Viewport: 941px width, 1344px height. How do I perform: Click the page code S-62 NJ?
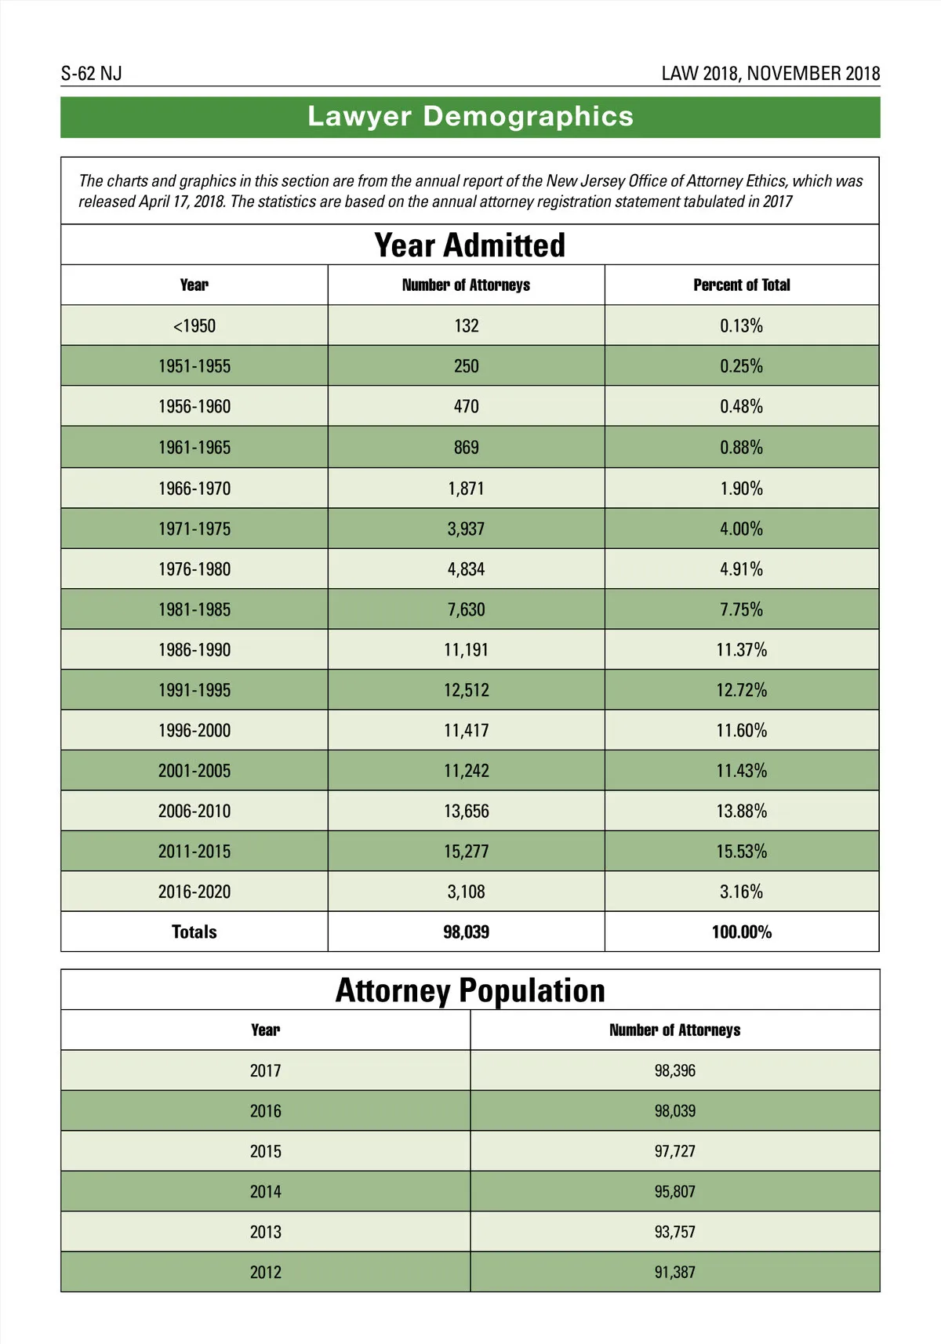coord(92,74)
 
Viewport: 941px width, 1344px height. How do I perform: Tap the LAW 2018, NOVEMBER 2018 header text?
coord(770,74)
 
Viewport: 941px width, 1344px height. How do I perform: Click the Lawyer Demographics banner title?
coord(470,117)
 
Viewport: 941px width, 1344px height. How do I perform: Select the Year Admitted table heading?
coord(470,245)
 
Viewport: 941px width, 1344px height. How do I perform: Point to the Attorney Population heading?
coord(470,990)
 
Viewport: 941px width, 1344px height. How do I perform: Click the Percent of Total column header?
coord(741,285)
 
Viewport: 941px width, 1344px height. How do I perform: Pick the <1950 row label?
coord(194,326)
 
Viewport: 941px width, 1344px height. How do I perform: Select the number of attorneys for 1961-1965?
coord(466,448)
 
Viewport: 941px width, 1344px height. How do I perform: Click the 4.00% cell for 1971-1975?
coord(741,529)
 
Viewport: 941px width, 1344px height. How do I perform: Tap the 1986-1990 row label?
coord(194,650)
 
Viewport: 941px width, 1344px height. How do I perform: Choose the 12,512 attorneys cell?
coord(466,691)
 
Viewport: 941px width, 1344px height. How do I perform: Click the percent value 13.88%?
coord(741,812)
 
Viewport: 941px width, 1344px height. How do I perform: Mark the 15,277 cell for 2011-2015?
coord(466,852)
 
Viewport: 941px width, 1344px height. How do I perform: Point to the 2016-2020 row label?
coord(194,892)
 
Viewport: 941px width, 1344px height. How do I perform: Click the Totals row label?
coord(194,932)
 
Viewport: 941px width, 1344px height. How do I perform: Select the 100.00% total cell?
coord(741,932)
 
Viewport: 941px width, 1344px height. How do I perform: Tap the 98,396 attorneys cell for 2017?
coord(674,1071)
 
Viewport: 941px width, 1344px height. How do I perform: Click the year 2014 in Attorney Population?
coord(265,1192)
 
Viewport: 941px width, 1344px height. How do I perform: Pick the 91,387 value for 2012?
coord(674,1273)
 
